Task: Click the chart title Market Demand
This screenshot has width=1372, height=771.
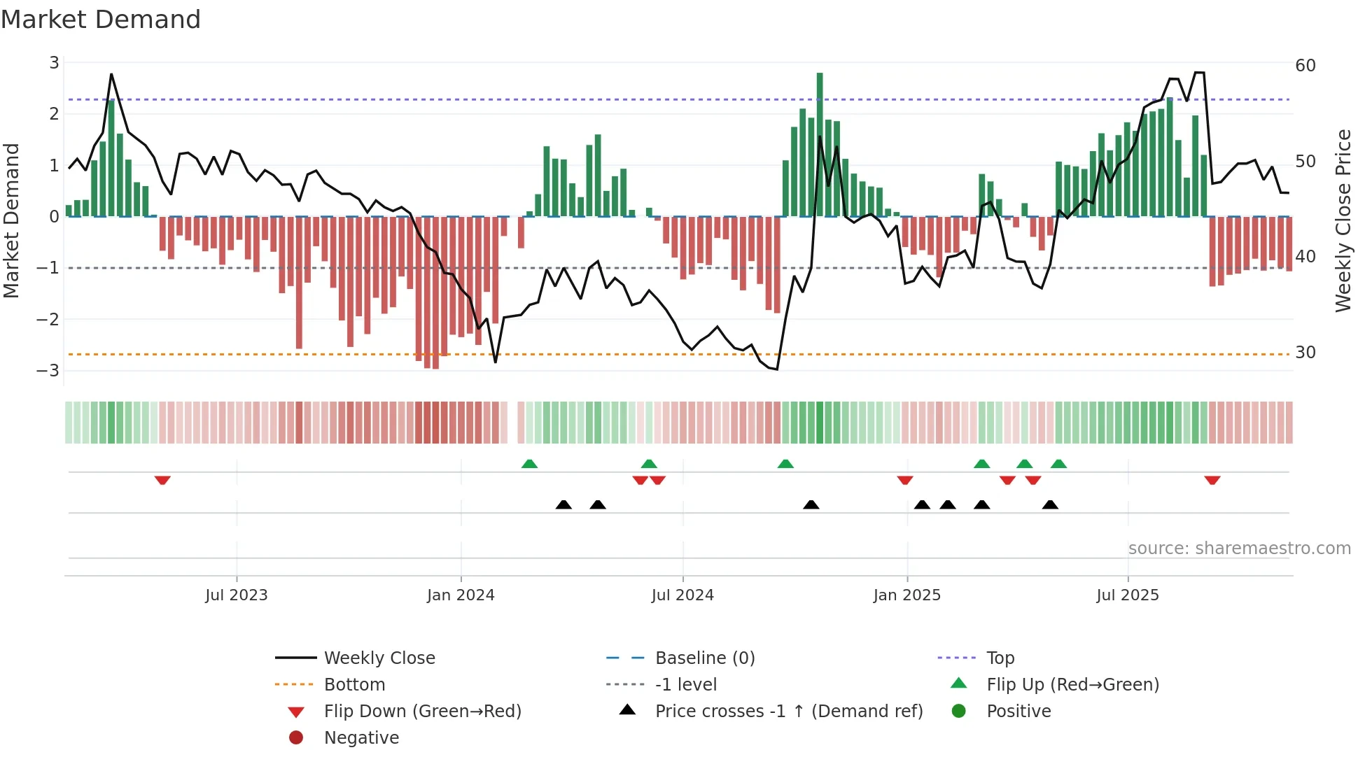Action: coord(101,20)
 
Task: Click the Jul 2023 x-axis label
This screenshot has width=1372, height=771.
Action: coord(236,595)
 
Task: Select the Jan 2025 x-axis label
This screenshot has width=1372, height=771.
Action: coord(906,595)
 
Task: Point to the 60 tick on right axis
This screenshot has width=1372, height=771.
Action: coord(1305,66)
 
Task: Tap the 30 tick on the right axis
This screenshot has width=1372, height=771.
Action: coord(1305,353)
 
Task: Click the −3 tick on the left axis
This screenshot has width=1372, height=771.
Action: coord(48,371)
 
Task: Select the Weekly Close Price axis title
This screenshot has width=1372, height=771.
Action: coord(1343,220)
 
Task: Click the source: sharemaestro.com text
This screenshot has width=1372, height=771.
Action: coord(1239,549)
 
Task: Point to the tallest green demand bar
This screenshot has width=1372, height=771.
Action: coord(820,144)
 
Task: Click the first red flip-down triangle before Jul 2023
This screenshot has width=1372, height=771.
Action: coord(162,481)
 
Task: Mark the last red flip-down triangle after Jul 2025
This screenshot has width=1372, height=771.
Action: coord(1212,481)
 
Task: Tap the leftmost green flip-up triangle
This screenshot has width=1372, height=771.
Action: coord(529,464)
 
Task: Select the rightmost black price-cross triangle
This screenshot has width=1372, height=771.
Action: coord(1050,504)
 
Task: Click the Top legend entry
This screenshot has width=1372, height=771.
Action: coord(1000,658)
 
